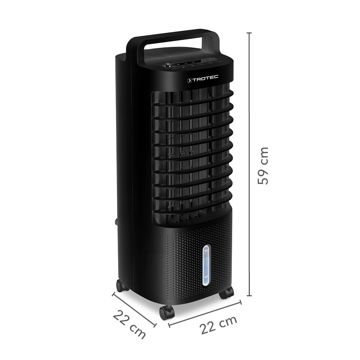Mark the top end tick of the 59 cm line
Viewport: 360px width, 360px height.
(249, 33)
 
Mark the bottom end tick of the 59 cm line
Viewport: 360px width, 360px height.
(249, 296)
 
